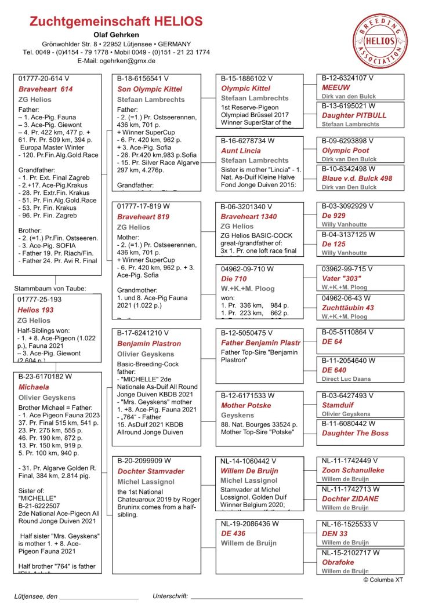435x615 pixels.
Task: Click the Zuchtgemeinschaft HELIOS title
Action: (x=116, y=22)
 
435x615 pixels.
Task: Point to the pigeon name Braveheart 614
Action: (x=46, y=89)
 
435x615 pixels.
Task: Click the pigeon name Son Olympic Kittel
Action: (x=150, y=89)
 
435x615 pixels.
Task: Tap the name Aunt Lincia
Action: (x=241, y=151)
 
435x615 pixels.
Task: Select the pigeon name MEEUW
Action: (x=336, y=87)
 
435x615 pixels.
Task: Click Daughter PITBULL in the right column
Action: (x=354, y=115)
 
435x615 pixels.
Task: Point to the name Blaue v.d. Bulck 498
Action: (x=357, y=179)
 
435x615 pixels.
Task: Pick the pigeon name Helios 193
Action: (x=35, y=310)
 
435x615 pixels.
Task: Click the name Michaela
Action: (x=34, y=387)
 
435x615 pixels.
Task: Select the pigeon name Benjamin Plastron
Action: (x=149, y=344)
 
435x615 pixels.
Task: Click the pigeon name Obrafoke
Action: (x=338, y=562)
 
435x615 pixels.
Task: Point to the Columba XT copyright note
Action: (x=383, y=580)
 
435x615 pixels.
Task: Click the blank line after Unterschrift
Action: (x=246, y=596)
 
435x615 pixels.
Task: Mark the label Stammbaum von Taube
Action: (x=50, y=288)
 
